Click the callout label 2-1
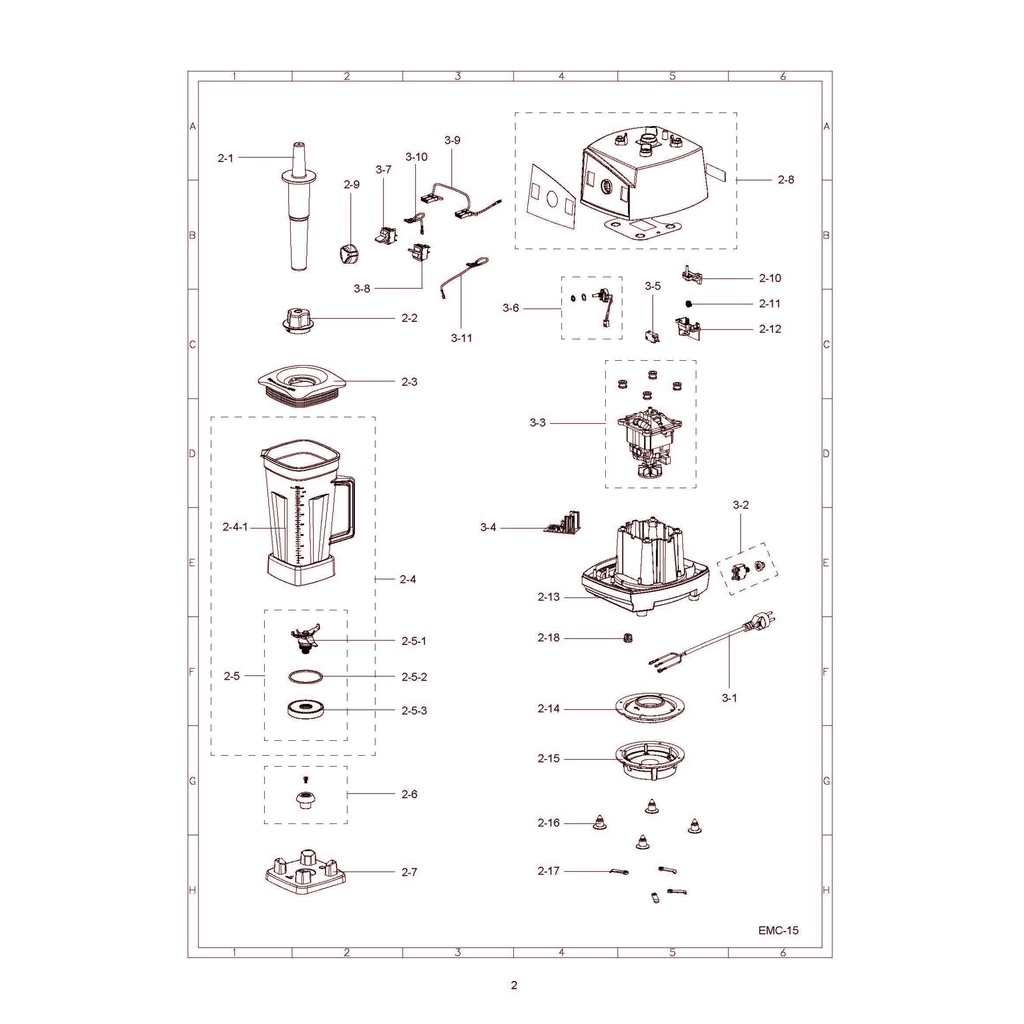(225, 158)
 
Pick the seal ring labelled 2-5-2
(305, 676)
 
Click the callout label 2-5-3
(414, 711)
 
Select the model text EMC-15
(778, 930)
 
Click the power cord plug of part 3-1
(761, 620)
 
